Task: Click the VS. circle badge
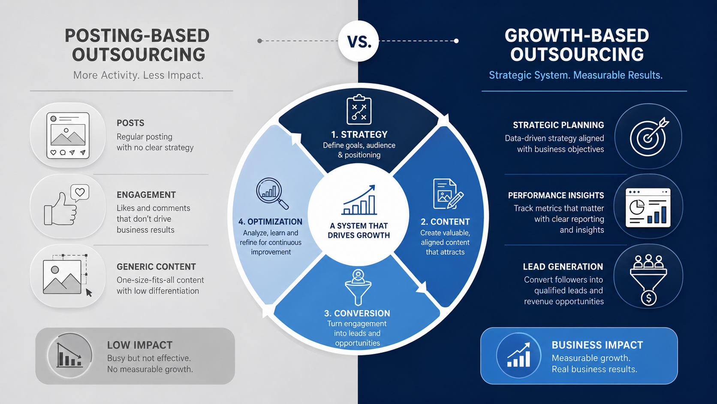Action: (358, 41)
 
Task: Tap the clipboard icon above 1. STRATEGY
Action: (359, 110)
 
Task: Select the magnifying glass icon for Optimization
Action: (271, 193)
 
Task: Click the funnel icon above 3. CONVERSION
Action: (358, 287)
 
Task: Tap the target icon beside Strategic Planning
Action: (648, 136)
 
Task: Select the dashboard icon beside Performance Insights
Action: (648, 207)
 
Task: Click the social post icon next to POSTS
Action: (68, 135)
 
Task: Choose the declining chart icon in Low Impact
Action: (69, 355)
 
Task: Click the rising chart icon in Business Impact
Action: (519, 355)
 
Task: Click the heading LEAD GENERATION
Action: (563, 267)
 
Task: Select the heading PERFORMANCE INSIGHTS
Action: (556, 195)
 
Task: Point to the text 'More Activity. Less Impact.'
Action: (138, 75)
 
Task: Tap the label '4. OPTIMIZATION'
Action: (270, 222)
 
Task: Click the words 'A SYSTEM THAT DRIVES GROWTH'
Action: (359, 231)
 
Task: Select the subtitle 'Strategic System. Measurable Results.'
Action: (575, 75)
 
